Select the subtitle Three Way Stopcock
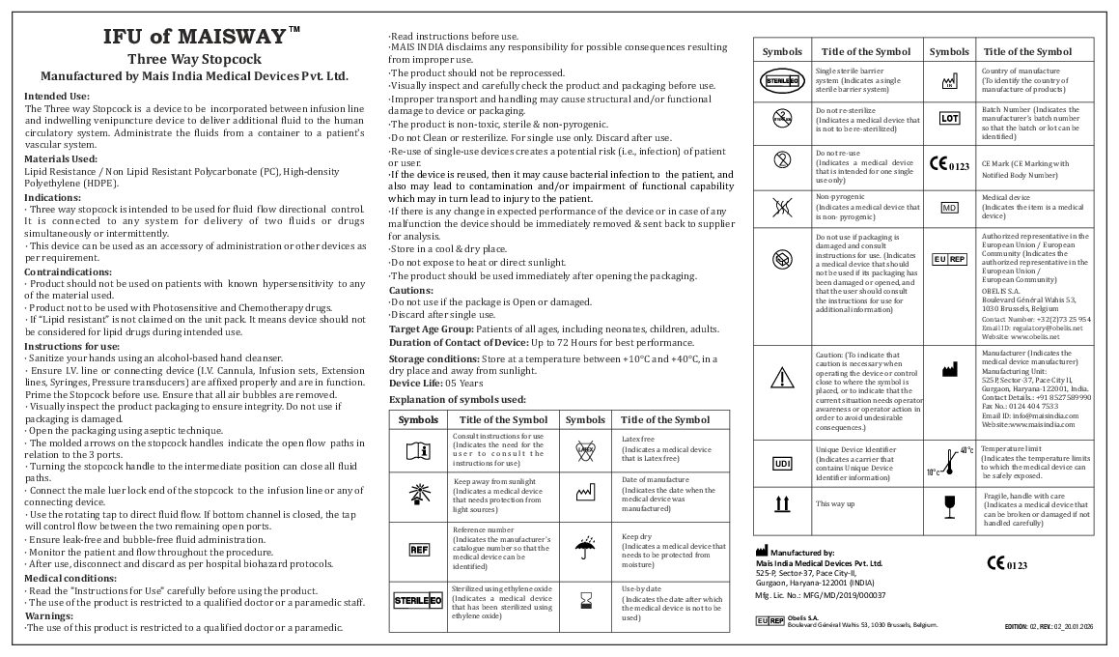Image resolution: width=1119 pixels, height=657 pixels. tap(193, 59)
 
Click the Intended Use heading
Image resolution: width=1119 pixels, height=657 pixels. tap(57, 96)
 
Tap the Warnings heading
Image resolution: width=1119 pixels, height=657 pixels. tap(49, 614)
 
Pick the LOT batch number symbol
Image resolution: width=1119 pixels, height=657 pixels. tap(949, 119)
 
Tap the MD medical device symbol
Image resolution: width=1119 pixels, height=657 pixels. tap(949, 208)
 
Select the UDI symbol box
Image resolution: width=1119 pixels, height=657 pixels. tap(782, 464)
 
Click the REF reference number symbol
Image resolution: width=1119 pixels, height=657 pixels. tap(418, 549)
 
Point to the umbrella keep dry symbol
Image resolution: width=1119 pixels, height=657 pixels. tap(585, 548)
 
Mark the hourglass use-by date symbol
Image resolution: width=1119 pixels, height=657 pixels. tap(585, 602)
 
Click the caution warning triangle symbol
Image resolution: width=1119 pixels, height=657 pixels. tap(782, 378)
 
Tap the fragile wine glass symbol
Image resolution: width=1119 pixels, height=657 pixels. tap(949, 503)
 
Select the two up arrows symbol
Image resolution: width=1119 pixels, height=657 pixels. tap(782, 503)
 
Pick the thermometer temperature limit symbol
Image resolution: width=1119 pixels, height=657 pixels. tap(949, 462)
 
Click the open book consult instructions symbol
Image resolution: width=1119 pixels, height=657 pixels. tap(418, 449)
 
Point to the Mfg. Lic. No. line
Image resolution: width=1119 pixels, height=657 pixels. tap(820, 597)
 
